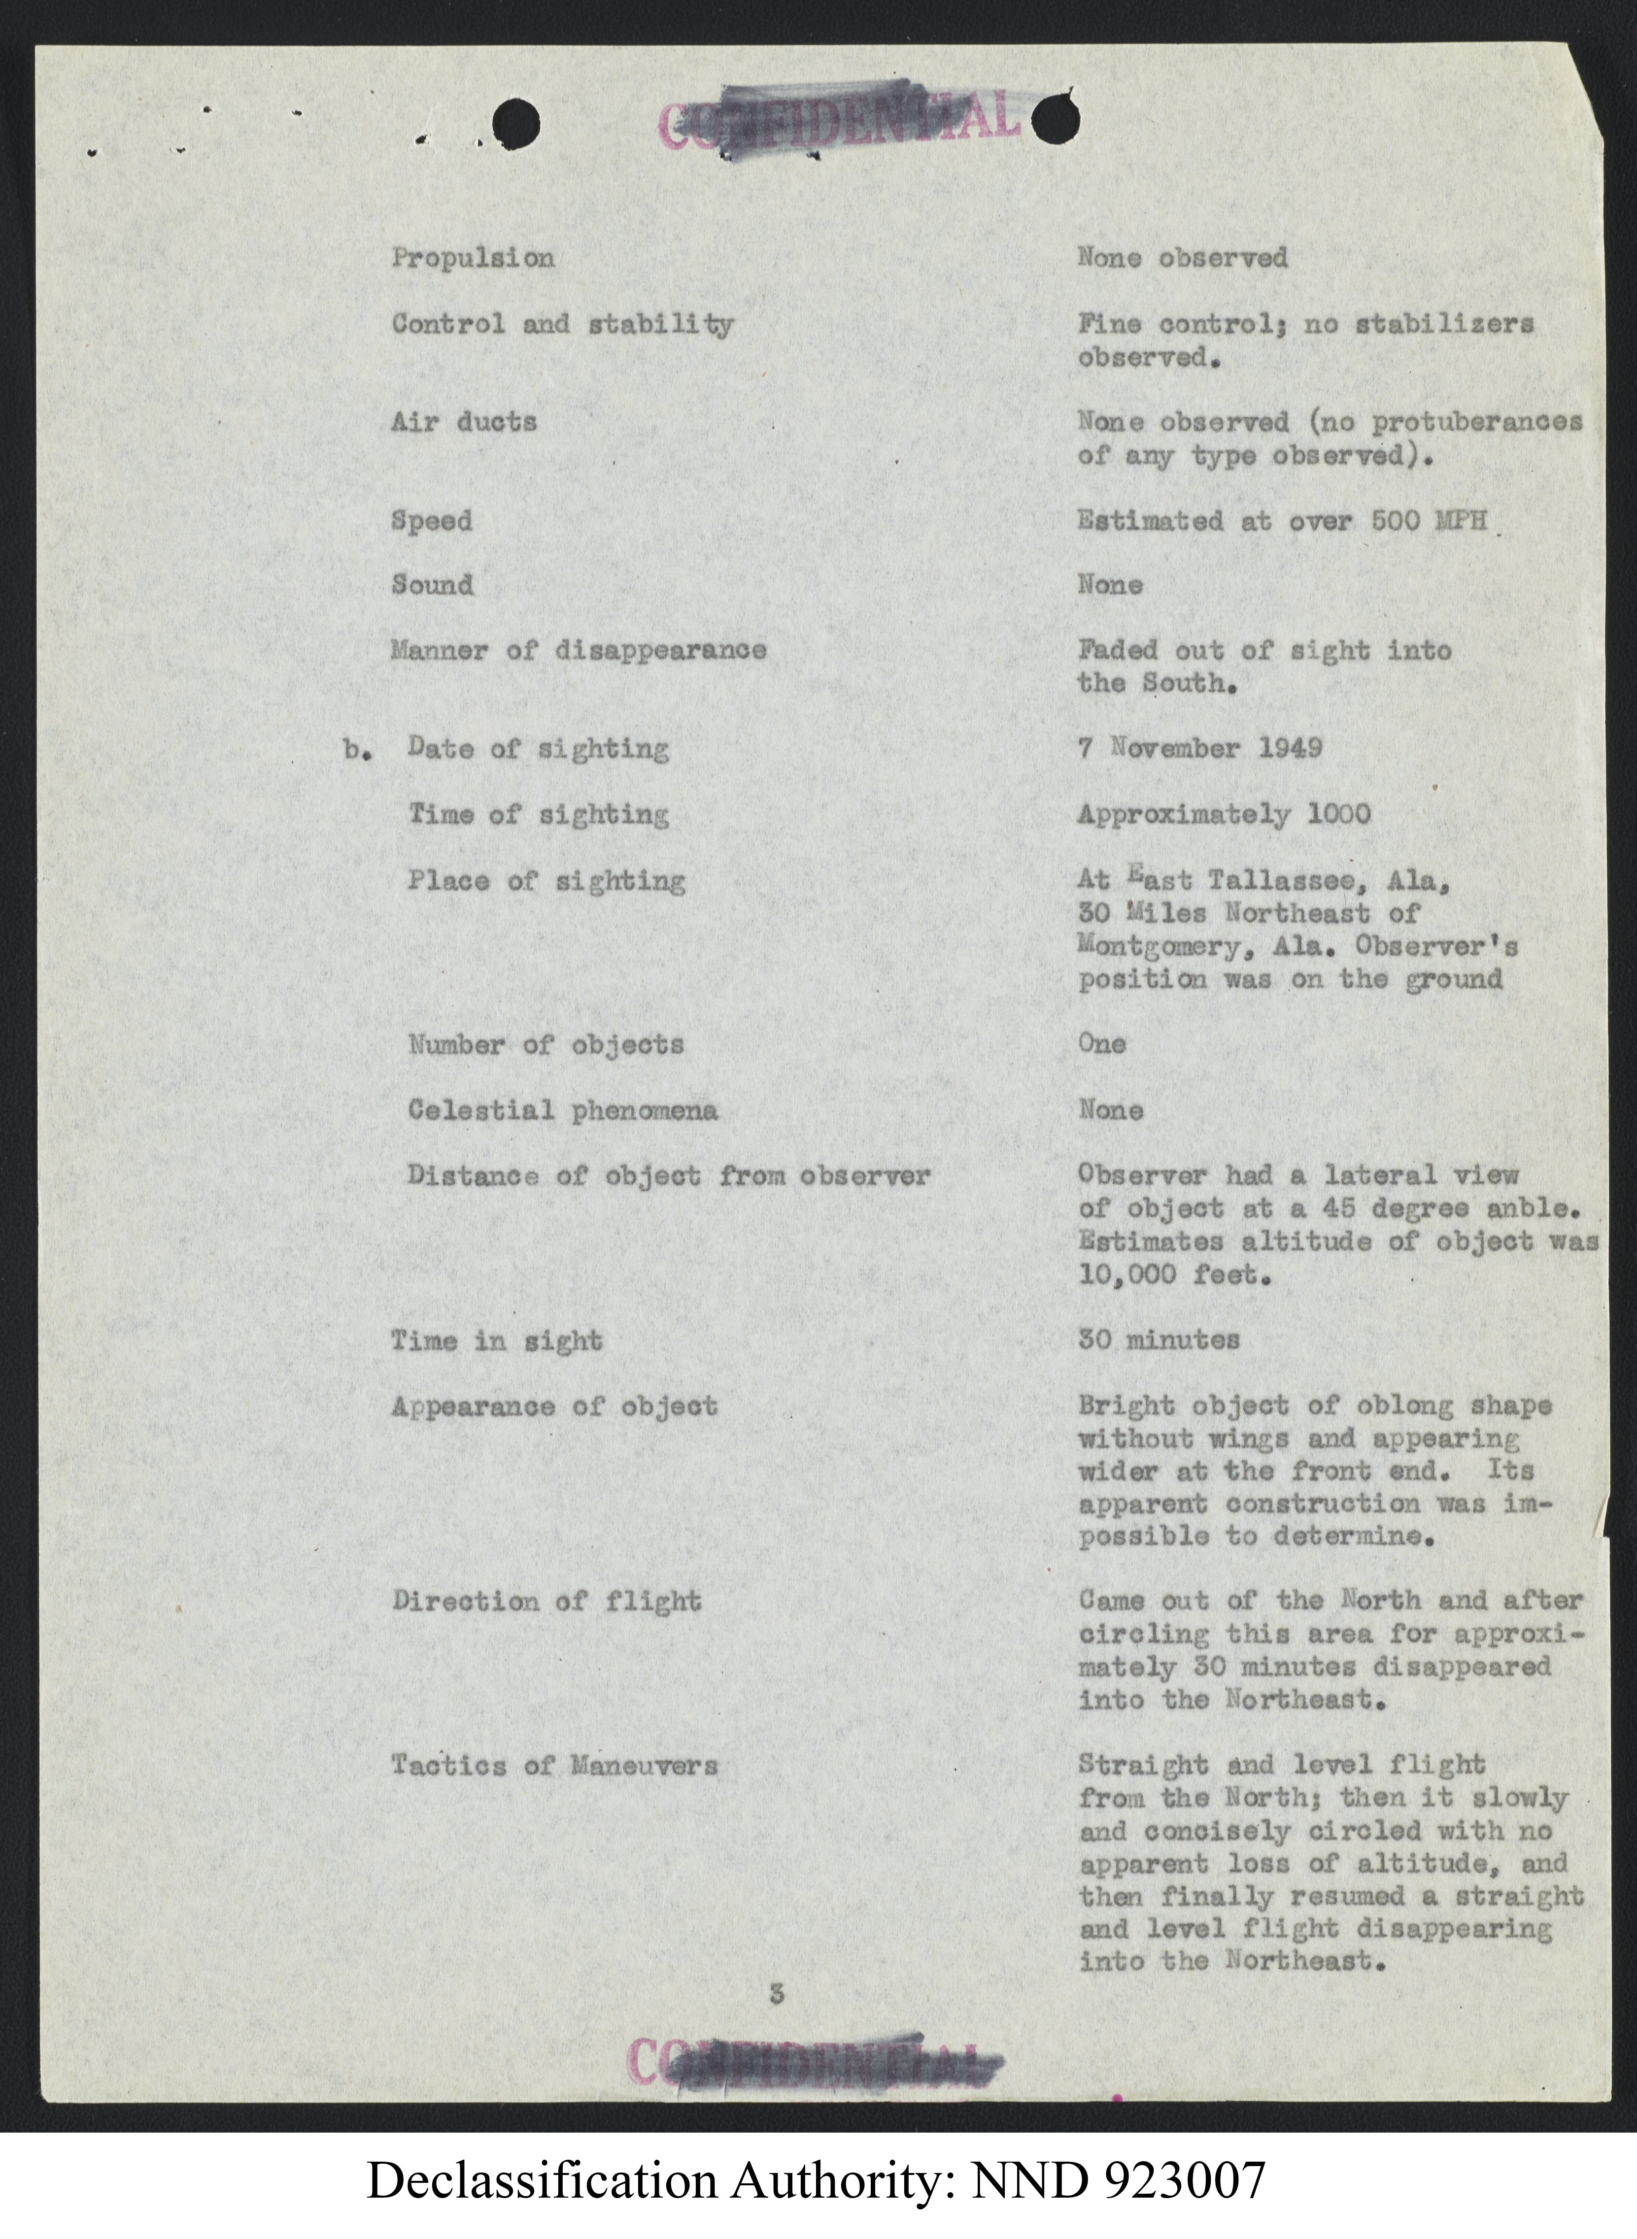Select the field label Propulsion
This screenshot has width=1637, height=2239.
click(473, 259)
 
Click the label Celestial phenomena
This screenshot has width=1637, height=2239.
click(563, 1110)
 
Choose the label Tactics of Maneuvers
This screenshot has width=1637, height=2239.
click(555, 1765)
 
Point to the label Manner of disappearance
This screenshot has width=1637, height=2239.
click(579, 651)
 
